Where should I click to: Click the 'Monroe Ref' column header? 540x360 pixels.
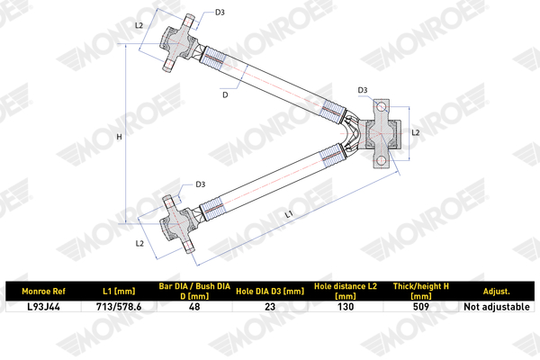click(x=43, y=292)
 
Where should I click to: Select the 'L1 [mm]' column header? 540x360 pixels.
click(x=119, y=292)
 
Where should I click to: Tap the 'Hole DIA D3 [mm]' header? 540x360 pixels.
click(x=270, y=292)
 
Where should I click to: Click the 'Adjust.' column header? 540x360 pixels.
click(x=496, y=292)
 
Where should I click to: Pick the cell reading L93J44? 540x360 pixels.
click(x=43, y=307)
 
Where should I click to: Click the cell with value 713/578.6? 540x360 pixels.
click(x=119, y=307)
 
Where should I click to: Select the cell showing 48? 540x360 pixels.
click(x=194, y=307)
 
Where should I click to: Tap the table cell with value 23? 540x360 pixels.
click(x=270, y=307)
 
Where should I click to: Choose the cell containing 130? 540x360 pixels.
click(x=346, y=307)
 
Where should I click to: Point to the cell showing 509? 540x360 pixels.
click(x=421, y=307)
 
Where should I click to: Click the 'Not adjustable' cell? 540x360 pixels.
click(x=496, y=307)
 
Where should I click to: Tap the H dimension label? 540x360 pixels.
click(x=119, y=137)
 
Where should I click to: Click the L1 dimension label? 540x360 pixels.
click(x=289, y=214)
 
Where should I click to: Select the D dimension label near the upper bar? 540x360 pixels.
click(x=225, y=94)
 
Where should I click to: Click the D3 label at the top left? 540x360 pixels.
click(x=220, y=13)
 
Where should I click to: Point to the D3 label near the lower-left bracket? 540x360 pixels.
click(x=201, y=184)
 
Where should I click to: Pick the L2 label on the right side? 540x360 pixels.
click(x=416, y=132)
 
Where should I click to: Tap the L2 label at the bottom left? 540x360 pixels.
click(x=139, y=244)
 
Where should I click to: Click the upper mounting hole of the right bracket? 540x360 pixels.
click(x=381, y=107)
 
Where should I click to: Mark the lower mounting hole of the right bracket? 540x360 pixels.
click(x=381, y=160)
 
